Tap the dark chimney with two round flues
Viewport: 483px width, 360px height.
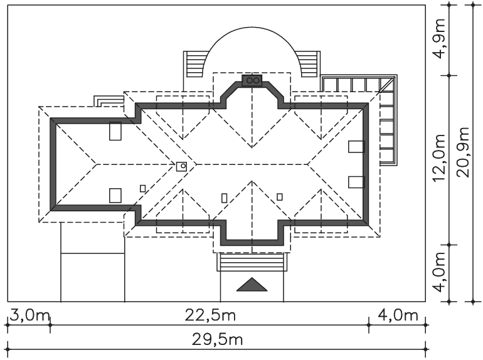tap(252, 81)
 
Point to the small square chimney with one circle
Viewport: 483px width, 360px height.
tap(182, 166)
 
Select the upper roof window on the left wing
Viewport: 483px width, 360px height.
tap(115, 131)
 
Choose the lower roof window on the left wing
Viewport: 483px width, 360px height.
tap(115, 195)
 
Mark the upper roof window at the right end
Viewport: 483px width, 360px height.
tap(356, 147)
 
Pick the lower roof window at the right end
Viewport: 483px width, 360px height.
tap(356, 182)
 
